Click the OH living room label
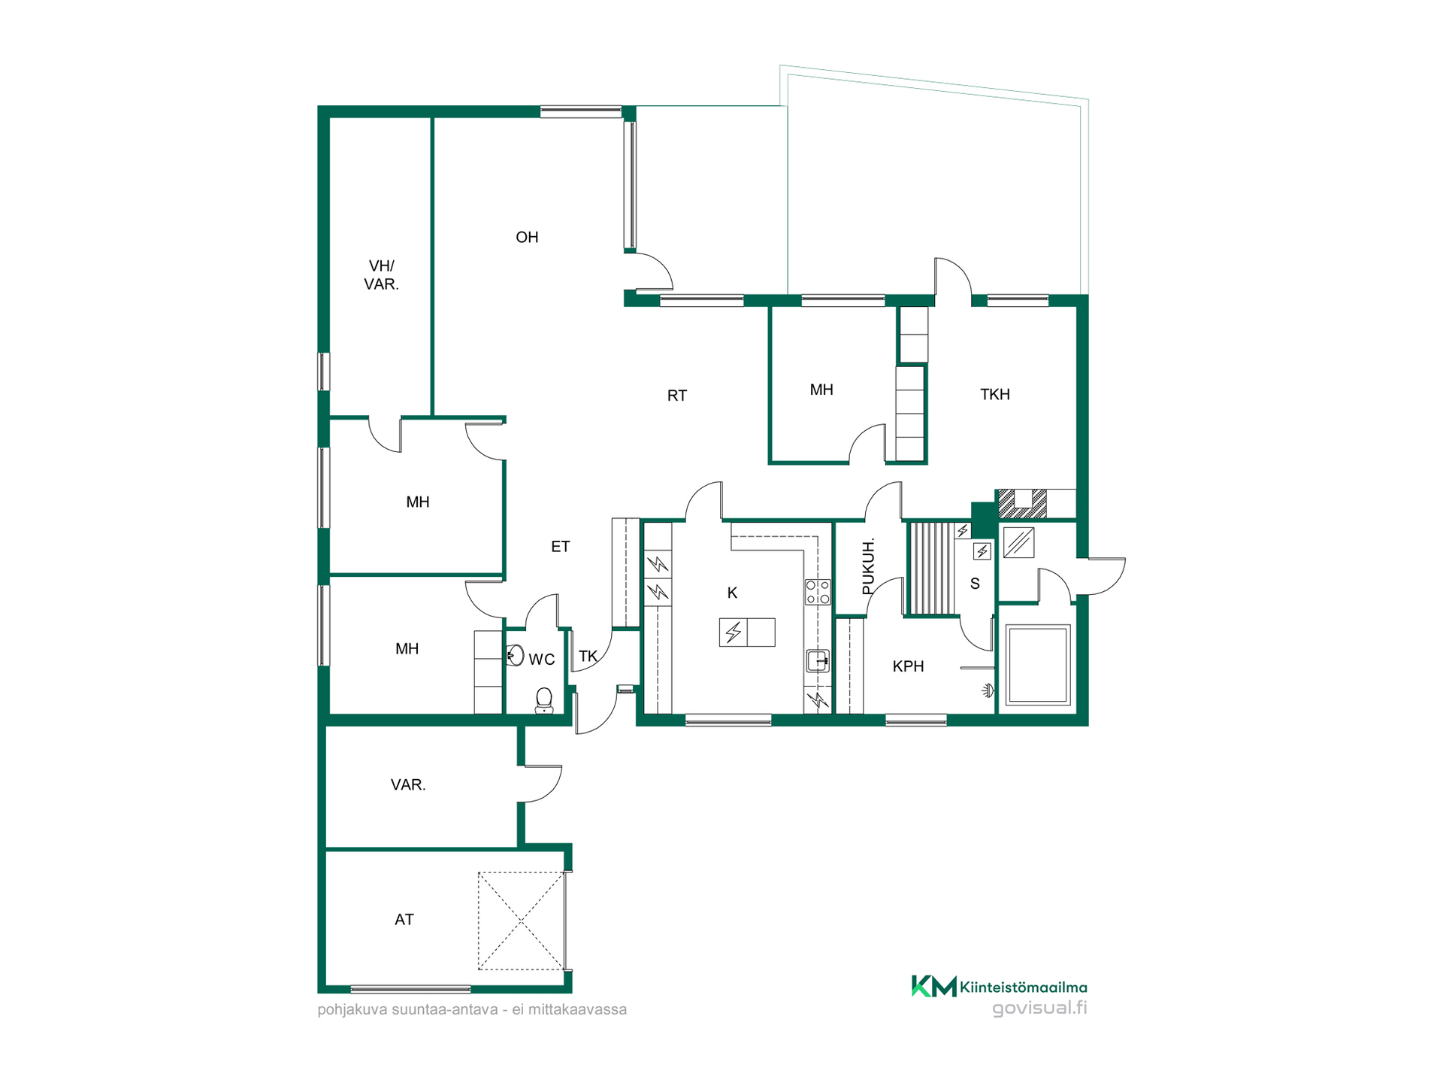(527, 238)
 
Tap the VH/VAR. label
(381, 275)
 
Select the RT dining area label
(676, 396)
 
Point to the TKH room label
(995, 395)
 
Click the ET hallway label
(560, 547)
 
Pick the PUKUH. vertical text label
(868, 566)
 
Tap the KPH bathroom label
(908, 666)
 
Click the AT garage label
(404, 920)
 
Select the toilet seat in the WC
(544, 700)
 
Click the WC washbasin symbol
(515, 655)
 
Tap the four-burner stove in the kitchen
(818, 592)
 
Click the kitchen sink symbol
(818, 660)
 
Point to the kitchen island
(747, 633)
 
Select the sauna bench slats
(932, 569)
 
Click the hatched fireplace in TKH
(1022, 504)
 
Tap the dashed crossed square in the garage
(521, 921)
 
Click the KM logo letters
(934, 986)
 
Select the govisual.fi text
(1039, 1009)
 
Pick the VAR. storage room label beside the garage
(408, 785)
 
